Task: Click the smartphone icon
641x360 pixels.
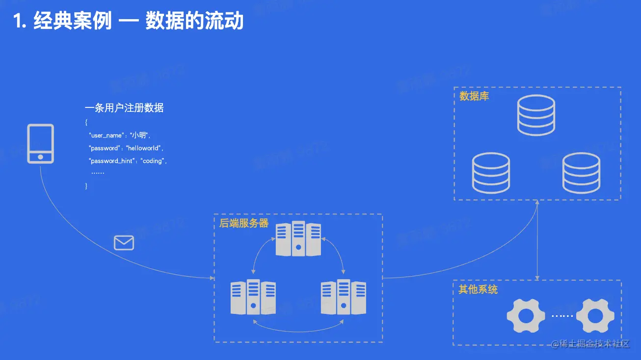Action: pyautogui.click(x=40, y=143)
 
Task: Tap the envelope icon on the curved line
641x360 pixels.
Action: pyautogui.click(x=124, y=243)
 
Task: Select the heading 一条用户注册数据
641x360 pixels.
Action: pyautogui.click(x=124, y=108)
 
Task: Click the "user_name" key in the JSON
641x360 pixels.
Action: pyautogui.click(x=106, y=135)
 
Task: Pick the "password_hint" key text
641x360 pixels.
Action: pyautogui.click(x=111, y=161)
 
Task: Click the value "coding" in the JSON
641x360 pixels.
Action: pyautogui.click(x=153, y=161)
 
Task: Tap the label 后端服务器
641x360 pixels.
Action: pyautogui.click(x=244, y=223)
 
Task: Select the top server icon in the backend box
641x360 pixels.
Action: pyautogui.click(x=298, y=239)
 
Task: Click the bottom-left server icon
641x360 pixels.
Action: pyautogui.click(x=253, y=297)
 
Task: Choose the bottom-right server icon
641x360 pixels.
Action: pyautogui.click(x=343, y=297)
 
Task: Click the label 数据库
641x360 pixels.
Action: pyautogui.click(x=474, y=96)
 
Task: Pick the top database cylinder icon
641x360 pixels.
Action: pyautogui.click(x=536, y=115)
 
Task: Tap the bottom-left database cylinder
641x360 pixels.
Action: pyautogui.click(x=491, y=173)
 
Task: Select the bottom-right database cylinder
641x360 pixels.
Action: pyautogui.click(x=581, y=173)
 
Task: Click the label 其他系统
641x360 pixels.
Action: pyautogui.click(x=478, y=289)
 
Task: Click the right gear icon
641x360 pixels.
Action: pyautogui.click(x=595, y=316)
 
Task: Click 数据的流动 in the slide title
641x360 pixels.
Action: pyautogui.click(x=194, y=22)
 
